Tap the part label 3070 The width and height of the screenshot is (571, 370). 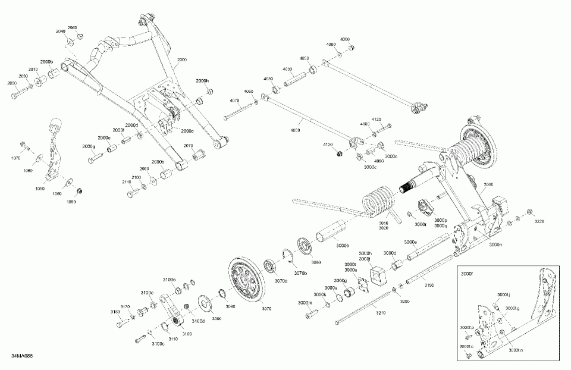[266, 308]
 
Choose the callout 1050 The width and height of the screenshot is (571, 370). [40, 188]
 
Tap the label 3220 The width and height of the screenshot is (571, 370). [539, 221]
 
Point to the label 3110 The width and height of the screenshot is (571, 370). [174, 338]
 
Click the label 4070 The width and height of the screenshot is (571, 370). [234, 101]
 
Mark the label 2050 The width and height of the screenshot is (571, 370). [12, 84]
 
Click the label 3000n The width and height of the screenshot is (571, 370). [495, 244]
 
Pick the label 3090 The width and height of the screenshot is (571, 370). [217, 319]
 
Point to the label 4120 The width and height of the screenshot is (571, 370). [377, 120]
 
